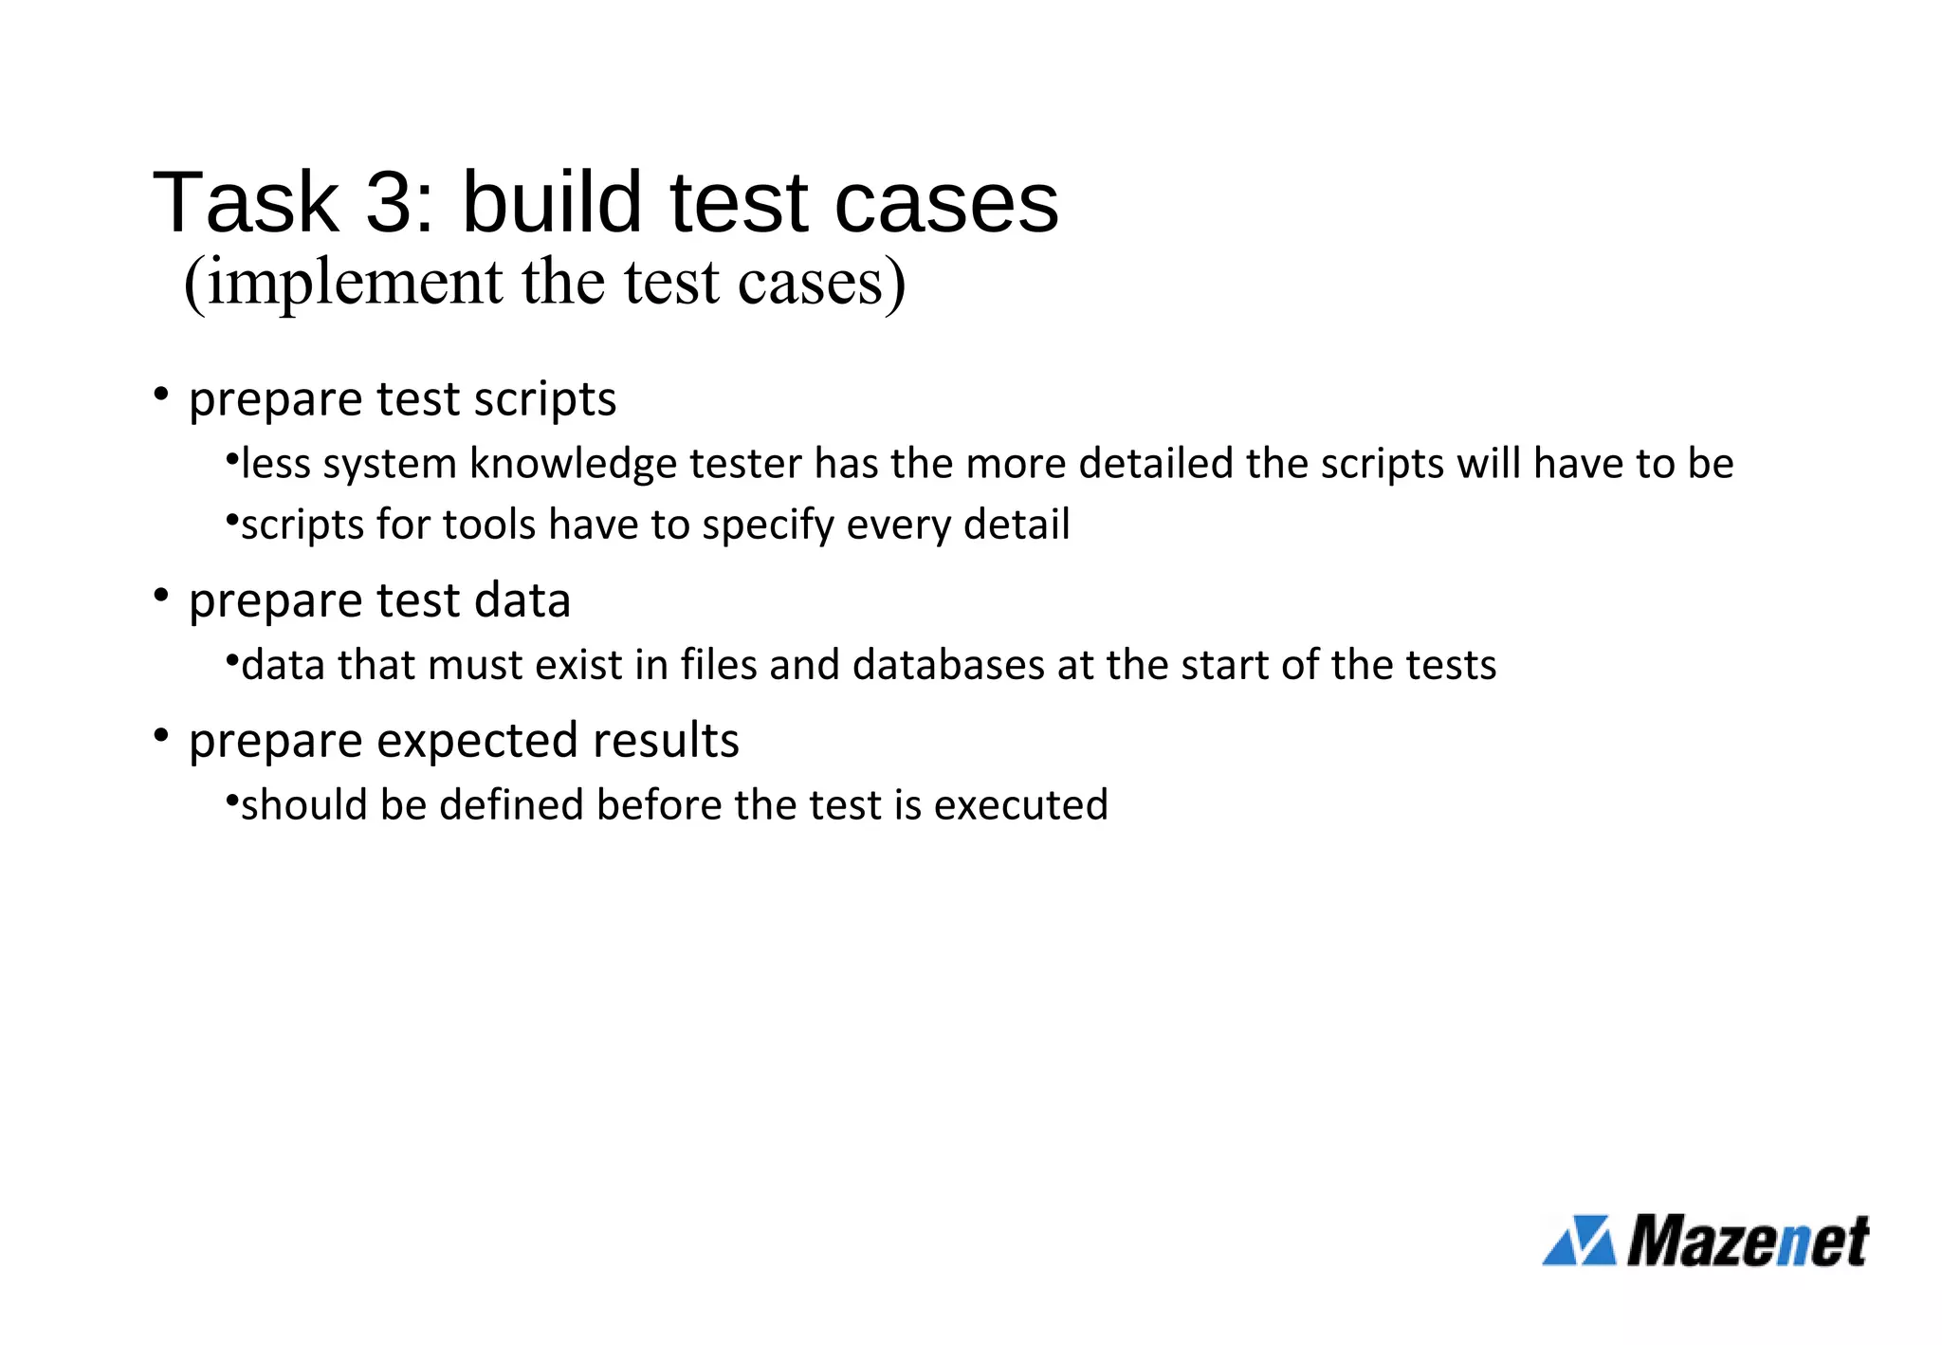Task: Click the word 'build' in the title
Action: (552, 202)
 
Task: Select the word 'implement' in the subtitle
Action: (355, 282)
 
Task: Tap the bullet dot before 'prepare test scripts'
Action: (161, 393)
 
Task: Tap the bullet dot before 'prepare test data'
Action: (161, 595)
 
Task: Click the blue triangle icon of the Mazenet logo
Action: (1579, 1240)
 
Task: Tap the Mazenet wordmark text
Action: (1748, 1240)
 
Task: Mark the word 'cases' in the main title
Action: (945, 202)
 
